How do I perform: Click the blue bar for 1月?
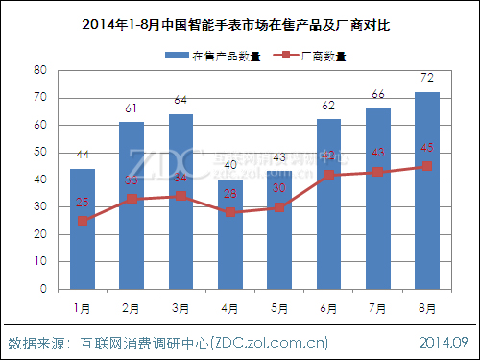pyautogui.click(x=83, y=228)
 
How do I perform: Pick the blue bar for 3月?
pyautogui.click(x=181, y=201)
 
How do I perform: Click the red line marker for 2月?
pyautogui.click(x=132, y=199)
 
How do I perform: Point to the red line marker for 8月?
pyautogui.click(x=427, y=166)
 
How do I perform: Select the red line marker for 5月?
pyautogui.click(x=279, y=207)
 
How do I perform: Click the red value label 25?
pyautogui.click(x=83, y=203)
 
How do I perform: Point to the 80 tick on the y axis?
pyautogui.click(x=40, y=70)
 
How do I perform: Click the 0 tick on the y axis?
pyautogui.click(x=44, y=288)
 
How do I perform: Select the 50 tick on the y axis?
pyautogui.click(x=40, y=152)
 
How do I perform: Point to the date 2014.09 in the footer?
pyautogui.click(x=444, y=342)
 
